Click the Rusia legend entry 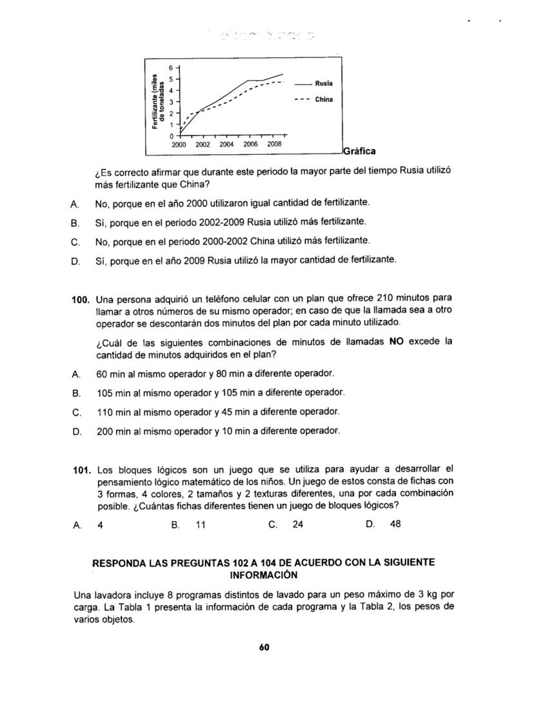click(324, 83)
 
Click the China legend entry click(324, 100)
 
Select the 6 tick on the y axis click(171, 68)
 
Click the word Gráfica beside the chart click(359, 152)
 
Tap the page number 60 click(264, 648)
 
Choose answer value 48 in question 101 click(395, 524)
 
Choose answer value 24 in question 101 click(297, 524)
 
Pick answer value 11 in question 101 click(200, 524)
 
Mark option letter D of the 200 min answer click(76, 431)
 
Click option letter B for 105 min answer click(76, 392)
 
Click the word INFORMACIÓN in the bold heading click(264, 573)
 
